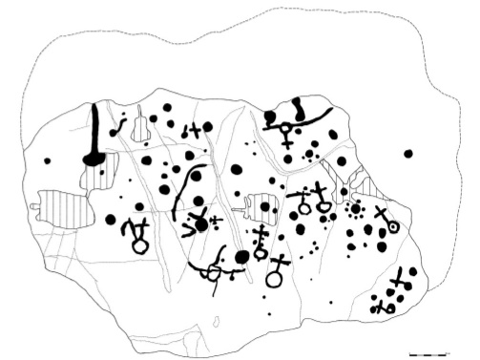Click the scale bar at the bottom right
(428, 354)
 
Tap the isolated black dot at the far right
(408, 154)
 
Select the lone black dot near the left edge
(47, 160)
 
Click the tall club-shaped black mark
(94, 138)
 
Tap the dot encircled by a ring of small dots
(357, 209)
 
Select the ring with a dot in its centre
(392, 228)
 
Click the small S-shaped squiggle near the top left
(120, 125)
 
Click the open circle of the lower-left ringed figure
(140, 246)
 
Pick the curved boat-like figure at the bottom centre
(216, 272)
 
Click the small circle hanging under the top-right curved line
(284, 130)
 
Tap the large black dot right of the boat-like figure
(242, 256)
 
